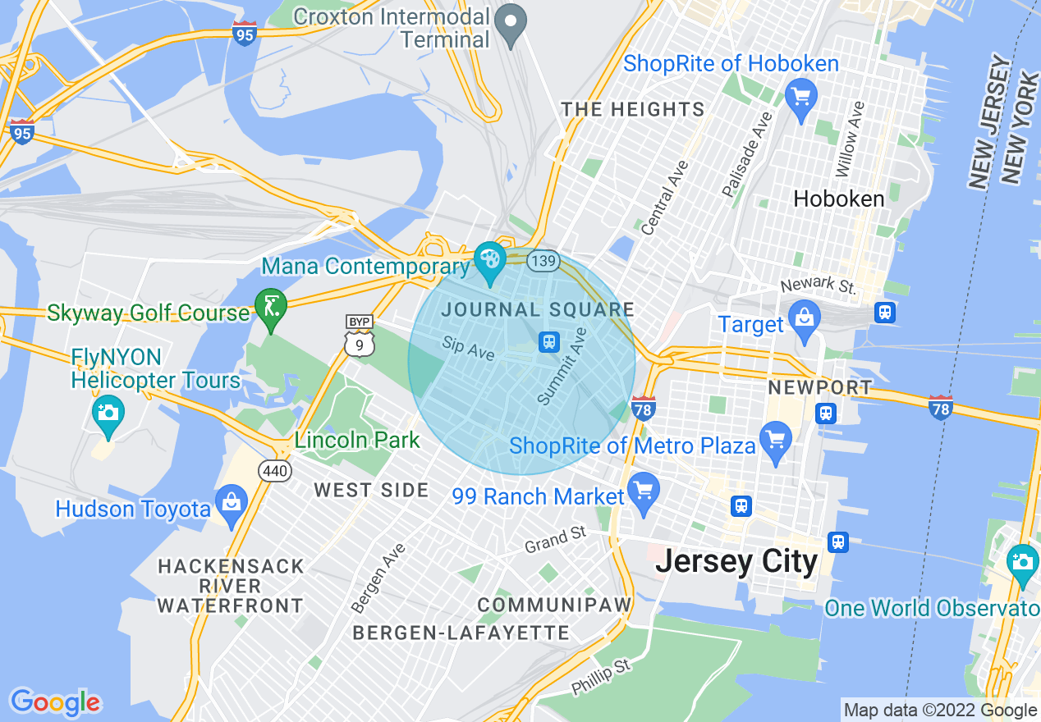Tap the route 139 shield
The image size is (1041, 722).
point(543,261)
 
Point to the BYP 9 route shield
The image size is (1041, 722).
point(360,336)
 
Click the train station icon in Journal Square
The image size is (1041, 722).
point(549,342)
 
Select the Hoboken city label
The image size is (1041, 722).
point(838,199)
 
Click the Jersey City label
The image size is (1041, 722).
point(736,562)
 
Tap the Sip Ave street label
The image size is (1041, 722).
point(468,348)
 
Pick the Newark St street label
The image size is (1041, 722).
point(818,286)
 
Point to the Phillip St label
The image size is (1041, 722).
point(601,676)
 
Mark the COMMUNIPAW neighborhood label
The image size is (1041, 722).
point(555,605)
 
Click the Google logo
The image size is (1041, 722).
point(55,702)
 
